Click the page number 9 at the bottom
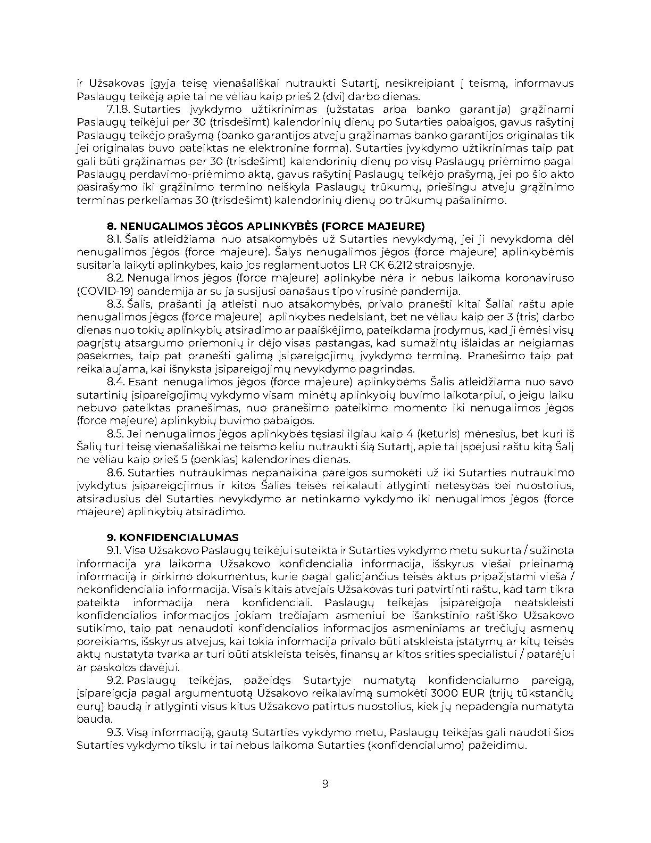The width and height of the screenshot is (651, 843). tap(325, 784)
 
